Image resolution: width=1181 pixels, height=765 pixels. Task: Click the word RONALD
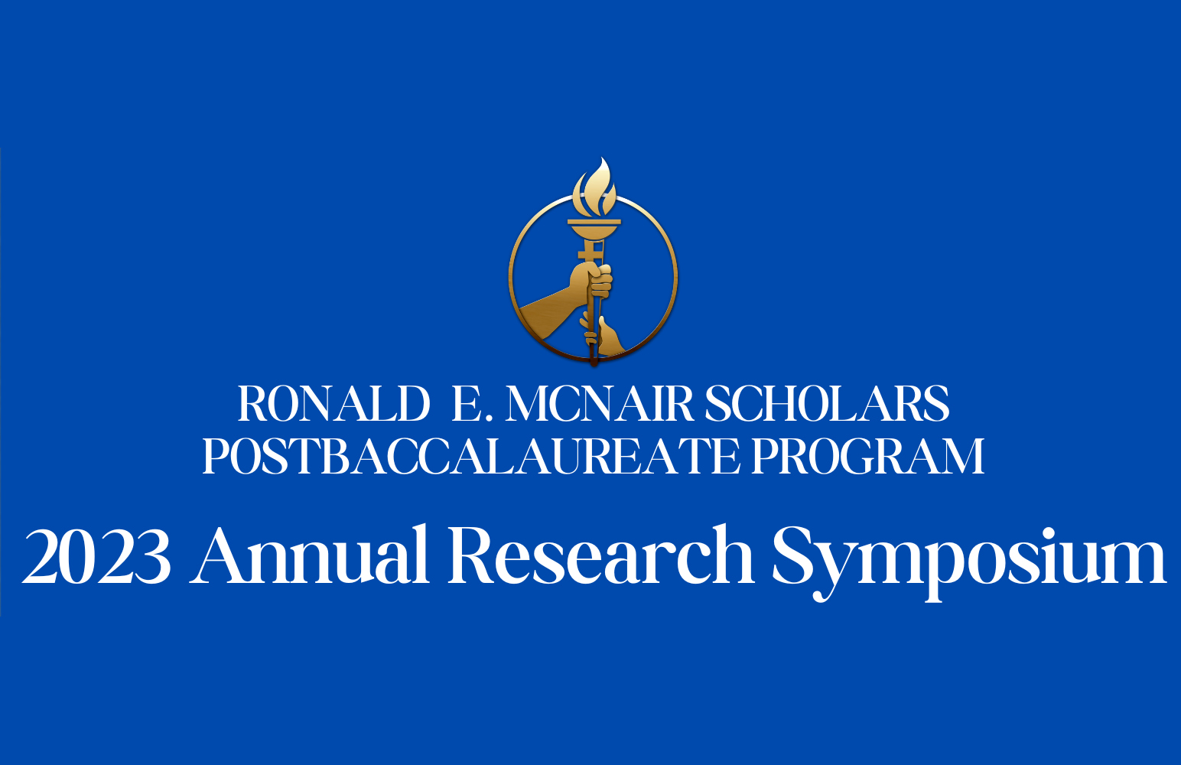pyautogui.click(x=333, y=404)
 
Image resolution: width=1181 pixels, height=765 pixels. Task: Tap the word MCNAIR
pyautogui.click(x=600, y=404)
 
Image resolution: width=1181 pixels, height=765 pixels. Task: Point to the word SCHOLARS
pyautogui.click(x=827, y=404)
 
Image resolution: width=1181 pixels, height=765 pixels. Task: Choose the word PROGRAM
pyautogui.click(x=868, y=456)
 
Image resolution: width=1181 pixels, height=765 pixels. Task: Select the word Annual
pyautogui.click(x=309, y=555)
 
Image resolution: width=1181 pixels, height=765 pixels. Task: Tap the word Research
pyautogui.click(x=601, y=555)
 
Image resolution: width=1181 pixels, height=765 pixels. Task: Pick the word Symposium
pyautogui.click(x=969, y=563)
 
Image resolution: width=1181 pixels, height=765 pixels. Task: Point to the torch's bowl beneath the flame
pyautogui.click(x=594, y=229)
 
